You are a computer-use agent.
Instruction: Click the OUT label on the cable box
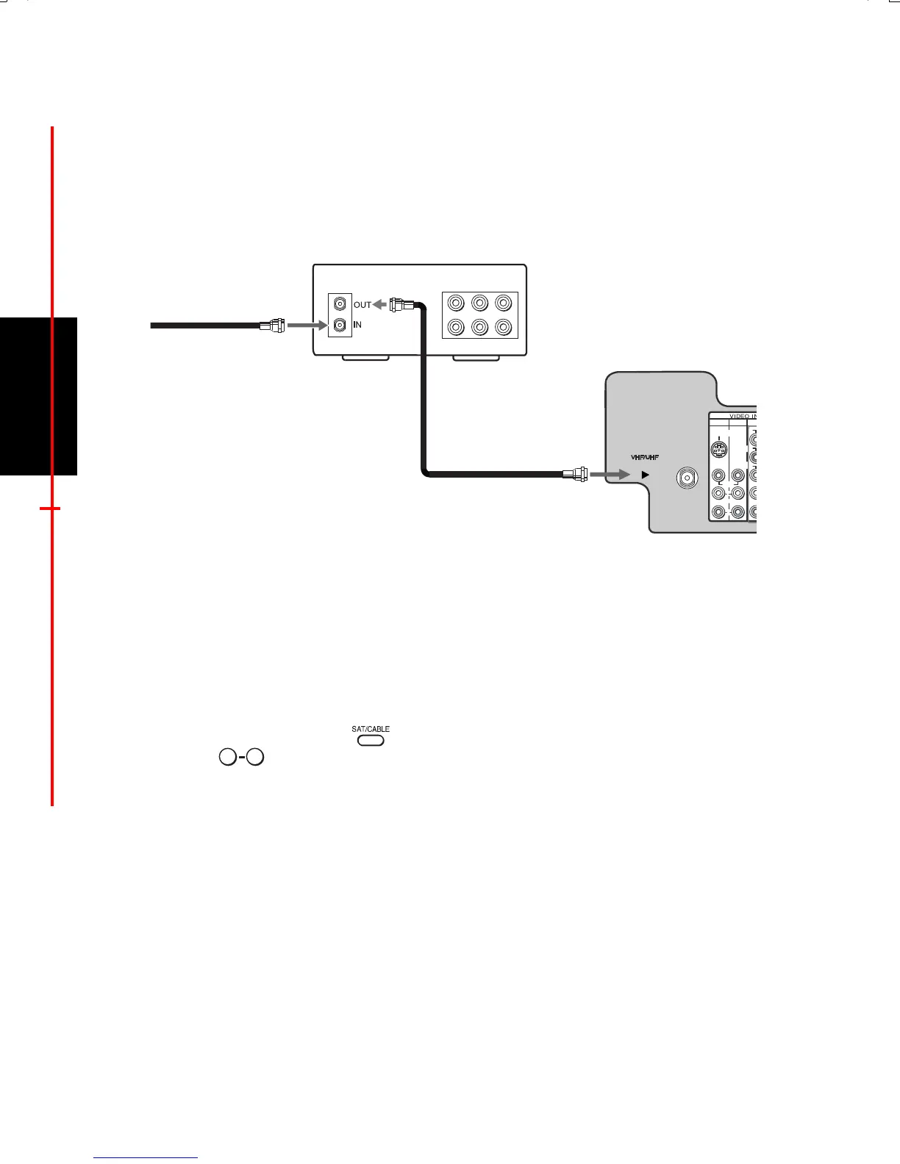pyautogui.click(x=362, y=305)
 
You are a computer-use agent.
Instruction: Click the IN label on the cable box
pyautogui.click(x=357, y=325)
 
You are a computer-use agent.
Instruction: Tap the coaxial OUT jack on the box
pyautogui.click(x=340, y=303)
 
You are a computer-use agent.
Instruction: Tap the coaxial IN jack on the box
pyautogui.click(x=340, y=324)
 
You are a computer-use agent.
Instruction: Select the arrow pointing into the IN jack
pyautogui.click(x=306, y=324)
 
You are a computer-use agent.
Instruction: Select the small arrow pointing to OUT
pyautogui.click(x=379, y=304)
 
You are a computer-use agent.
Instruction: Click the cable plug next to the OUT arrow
pyautogui.click(x=402, y=303)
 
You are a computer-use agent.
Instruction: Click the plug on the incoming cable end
pyautogui.click(x=273, y=324)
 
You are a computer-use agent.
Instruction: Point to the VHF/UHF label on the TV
pyautogui.click(x=645, y=458)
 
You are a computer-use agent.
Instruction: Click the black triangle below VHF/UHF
pyautogui.click(x=645, y=475)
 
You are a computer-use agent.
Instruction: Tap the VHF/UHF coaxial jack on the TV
pyautogui.click(x=687, y=477)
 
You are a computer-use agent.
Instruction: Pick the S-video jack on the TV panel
pyautogui.click(x=719, y=449)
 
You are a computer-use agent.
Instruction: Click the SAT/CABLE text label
pyautogui.click(x=371, y=729)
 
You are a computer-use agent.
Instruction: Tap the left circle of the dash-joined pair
pyautogui.click(x=228, y=757)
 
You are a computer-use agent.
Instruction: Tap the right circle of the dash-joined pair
pyautogui.click(x=255, y=757)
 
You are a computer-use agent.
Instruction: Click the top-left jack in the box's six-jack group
pyautogui.click(x=457, y=303)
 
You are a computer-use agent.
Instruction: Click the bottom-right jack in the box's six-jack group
pyautogui.click(x=504, y=327)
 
